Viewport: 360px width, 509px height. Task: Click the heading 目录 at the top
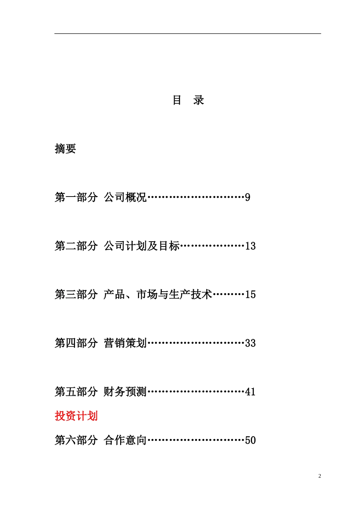tap(188, 100)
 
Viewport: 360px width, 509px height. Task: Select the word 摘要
tap(65, 148)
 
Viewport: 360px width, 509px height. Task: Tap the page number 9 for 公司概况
tap(247, 197)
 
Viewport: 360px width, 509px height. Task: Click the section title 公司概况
tap(125, 197)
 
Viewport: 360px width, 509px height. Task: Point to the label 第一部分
tap(76, 197)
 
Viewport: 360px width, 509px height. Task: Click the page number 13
tap(250, 246)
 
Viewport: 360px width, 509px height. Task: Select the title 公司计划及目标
tap(141, 246)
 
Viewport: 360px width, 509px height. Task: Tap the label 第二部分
tap(76, 246)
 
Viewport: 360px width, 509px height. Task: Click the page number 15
tap(250, 294)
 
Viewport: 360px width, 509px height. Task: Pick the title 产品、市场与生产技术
tap(158, 294)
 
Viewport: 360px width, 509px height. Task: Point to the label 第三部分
tap(76, 294)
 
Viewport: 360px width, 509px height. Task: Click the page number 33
tap(250, 343)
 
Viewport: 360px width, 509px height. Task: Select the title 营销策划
tap(125, 343)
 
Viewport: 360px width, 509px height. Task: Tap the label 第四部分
tap(76, 343)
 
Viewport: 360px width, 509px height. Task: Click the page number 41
tap(250, 392)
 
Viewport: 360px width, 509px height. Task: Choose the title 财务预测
tap(125, 392)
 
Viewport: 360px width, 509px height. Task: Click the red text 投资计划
tap(76, 416)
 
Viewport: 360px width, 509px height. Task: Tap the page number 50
tap(250, 440)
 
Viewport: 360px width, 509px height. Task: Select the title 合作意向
tap(125, 440)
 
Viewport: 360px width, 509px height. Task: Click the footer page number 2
tap(319, 476)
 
